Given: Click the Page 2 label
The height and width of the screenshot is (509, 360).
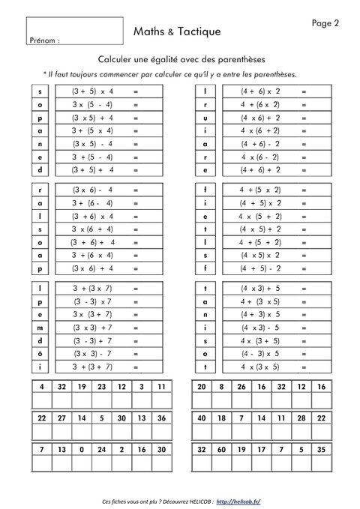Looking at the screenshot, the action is tap(325, 23).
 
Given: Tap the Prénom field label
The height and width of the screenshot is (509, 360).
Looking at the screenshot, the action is tap(45, 40).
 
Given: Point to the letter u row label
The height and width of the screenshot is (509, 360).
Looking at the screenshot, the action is tap(205, 118).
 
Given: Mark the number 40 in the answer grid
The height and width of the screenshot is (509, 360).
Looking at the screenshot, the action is tap(201, 418).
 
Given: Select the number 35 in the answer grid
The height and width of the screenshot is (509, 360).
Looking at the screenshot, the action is tap(321, 450).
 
